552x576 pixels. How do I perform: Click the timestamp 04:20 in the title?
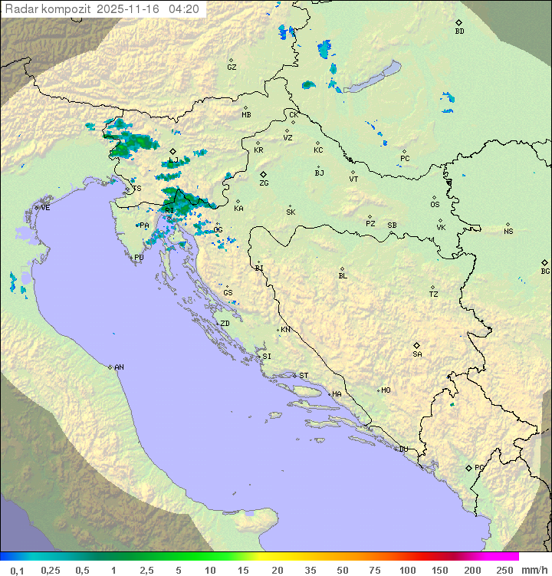(x=184, y=9)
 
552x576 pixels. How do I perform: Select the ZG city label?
(x=264, y=183)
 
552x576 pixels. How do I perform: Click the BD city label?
(x=459, y=31)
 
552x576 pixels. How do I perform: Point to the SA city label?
(x=417, y=354)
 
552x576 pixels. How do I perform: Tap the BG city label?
(x=545, y=271)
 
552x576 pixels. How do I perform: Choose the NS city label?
(x=508, y=232)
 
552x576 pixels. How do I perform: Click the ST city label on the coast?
(x=304, y=376)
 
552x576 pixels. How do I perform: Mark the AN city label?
(x=119, y=367)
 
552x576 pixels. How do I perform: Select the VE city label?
(x=45, y=208)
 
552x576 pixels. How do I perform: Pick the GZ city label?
(x=232, y=67)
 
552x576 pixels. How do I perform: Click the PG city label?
(x=479, y=468)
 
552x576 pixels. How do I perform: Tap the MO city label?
(x=386, y=390)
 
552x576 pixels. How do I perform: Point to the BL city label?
(x=343, y=276)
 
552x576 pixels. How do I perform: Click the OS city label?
(x=435, y=205)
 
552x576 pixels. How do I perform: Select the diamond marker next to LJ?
(x=173, y=151)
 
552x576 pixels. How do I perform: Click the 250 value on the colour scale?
(x=504, y=570)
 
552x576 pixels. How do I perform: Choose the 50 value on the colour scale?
(x=342, y=570)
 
